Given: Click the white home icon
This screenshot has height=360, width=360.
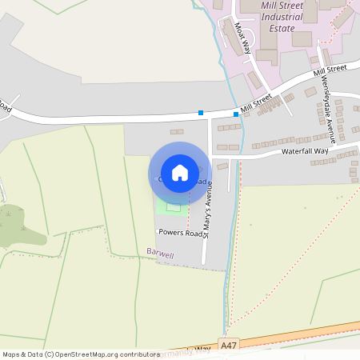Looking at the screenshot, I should point(180,173).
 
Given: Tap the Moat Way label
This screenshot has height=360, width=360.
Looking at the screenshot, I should point(243,37).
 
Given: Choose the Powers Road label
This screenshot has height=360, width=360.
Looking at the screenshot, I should point(180,233).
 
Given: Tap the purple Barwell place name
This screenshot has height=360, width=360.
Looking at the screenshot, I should point(160,252).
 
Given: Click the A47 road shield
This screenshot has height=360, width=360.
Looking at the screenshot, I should point(230,345).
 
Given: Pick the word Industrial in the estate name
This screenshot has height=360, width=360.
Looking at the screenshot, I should point(282,14).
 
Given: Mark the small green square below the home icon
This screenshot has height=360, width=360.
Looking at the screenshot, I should point(174,207).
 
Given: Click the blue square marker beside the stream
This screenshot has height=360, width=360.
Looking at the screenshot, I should point(236,114).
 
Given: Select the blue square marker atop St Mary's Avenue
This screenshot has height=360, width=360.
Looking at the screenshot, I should point(200,113).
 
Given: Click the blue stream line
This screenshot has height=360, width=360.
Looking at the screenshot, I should point(230,240).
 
